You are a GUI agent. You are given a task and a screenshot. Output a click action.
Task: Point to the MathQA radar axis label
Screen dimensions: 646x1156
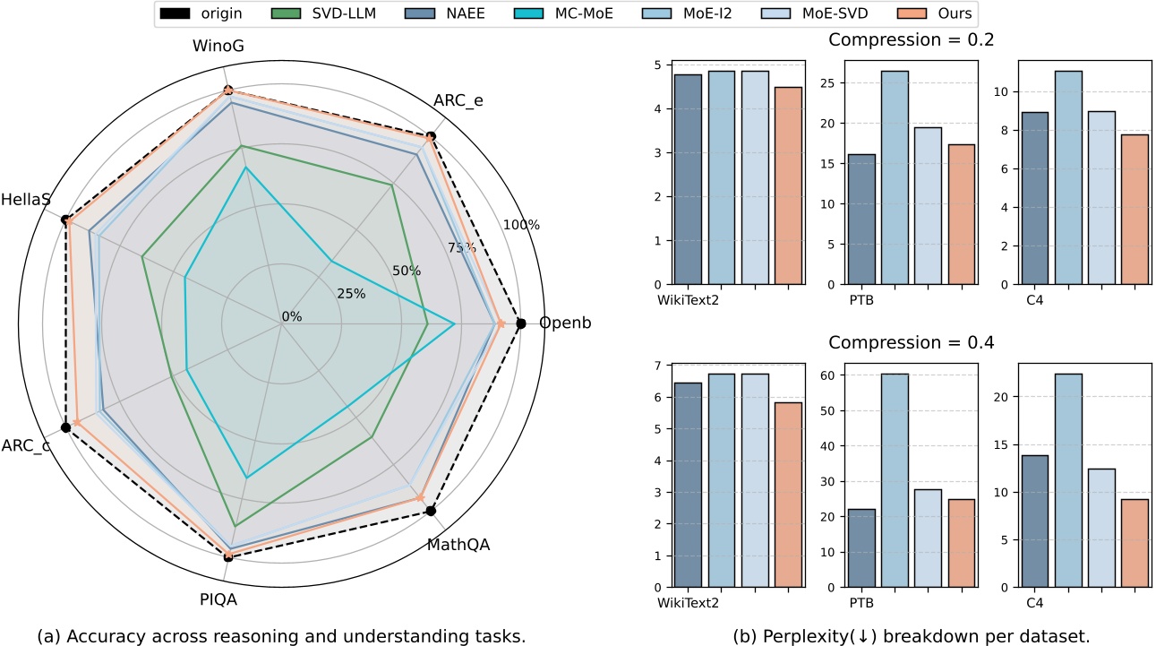(x=458, y=543)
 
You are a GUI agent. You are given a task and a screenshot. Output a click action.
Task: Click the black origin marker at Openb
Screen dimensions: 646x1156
(x=521, y=323)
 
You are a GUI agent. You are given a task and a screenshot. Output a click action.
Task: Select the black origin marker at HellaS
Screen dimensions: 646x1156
(x=65, y=220)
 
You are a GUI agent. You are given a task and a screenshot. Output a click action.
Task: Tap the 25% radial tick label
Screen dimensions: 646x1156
(x=351, y=293)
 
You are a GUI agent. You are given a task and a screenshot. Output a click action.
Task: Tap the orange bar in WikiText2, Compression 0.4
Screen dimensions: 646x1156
(x=788, y=495)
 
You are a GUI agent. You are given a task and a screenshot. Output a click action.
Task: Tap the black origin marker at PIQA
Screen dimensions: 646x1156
(x=228, y=556)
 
